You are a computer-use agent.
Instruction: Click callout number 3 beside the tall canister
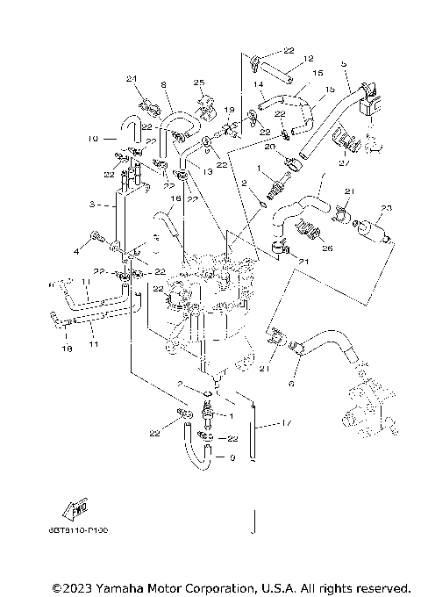(92, 205)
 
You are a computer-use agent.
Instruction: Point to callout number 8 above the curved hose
(163, 84)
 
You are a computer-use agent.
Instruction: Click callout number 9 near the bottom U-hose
(232, 457)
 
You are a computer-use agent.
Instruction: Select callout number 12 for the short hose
(308, 59)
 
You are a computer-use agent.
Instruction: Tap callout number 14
(260, 84)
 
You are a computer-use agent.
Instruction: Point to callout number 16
(176, 199)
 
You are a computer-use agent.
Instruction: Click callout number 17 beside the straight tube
(286, 422)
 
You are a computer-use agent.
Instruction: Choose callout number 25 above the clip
(198, 83)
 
